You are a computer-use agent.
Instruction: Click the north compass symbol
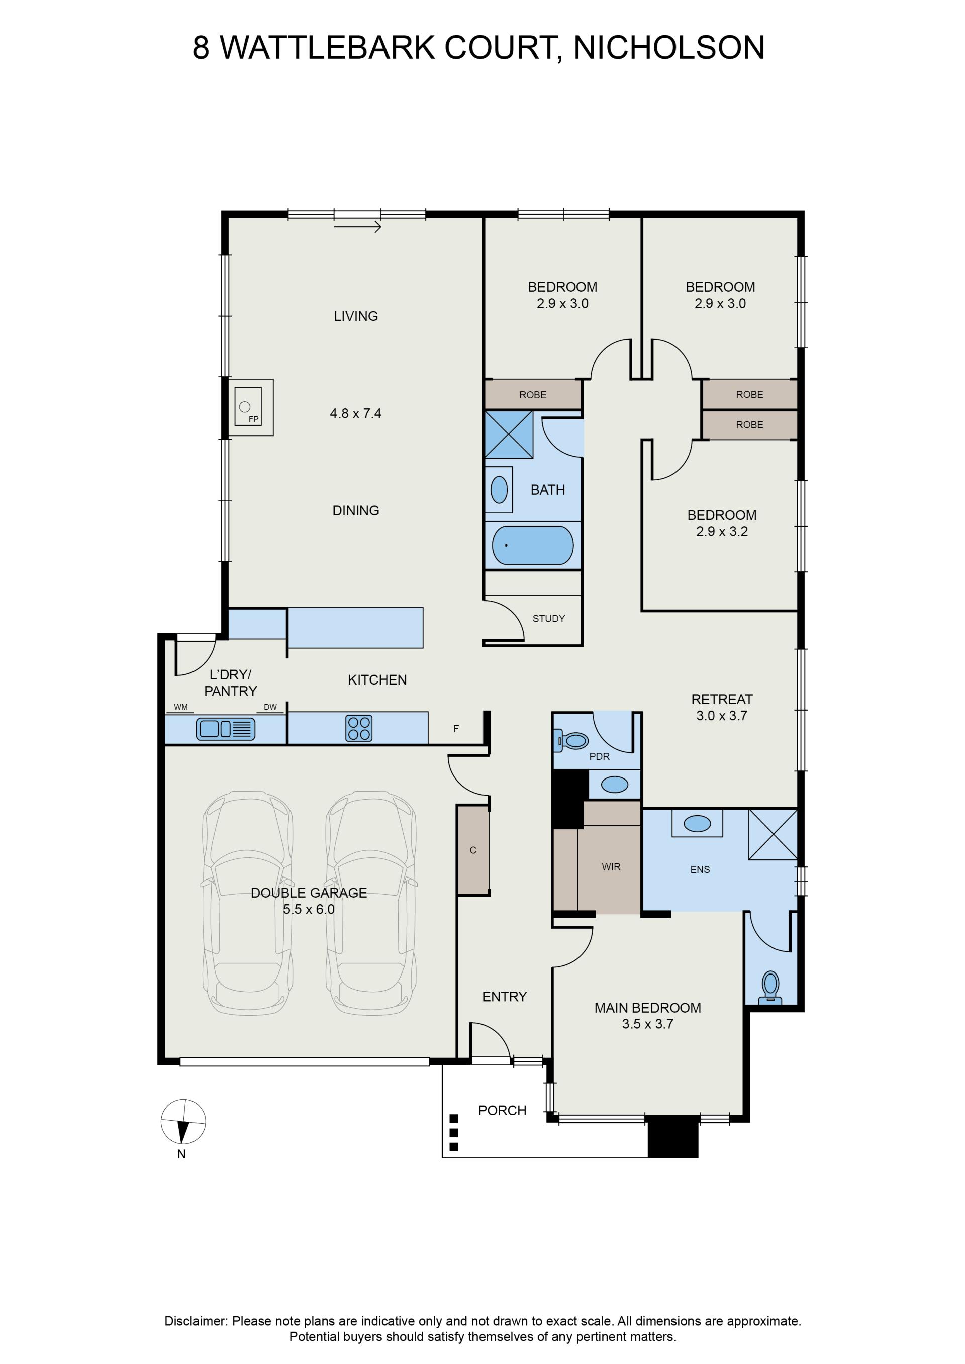click(183, 1122)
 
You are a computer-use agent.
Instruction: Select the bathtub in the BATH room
click(533, 545)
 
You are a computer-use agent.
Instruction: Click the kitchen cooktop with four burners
click(358, 728)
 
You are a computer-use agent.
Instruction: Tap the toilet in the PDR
click(573, 741)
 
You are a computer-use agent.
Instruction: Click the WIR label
click(611, 867)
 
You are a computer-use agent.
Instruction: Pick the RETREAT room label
click(722, 699)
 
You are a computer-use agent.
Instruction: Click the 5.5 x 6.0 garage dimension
click(309, 909)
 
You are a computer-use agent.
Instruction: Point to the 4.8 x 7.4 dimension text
click(355, 413)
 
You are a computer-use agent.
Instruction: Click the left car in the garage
click(248, 904)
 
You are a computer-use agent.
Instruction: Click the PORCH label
click(502, 1110)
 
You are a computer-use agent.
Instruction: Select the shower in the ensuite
click(773, 834)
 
